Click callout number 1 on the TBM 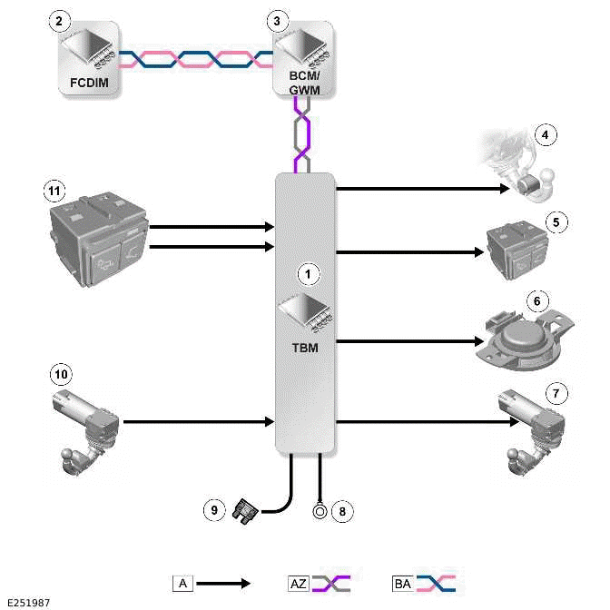point(309,272)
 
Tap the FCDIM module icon point(88,56)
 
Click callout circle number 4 point(545,136)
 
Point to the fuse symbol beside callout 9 point(245,511)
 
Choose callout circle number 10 point(61,374)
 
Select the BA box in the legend point(402,583)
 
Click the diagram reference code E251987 point(27,602)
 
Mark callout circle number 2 point(59,20)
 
